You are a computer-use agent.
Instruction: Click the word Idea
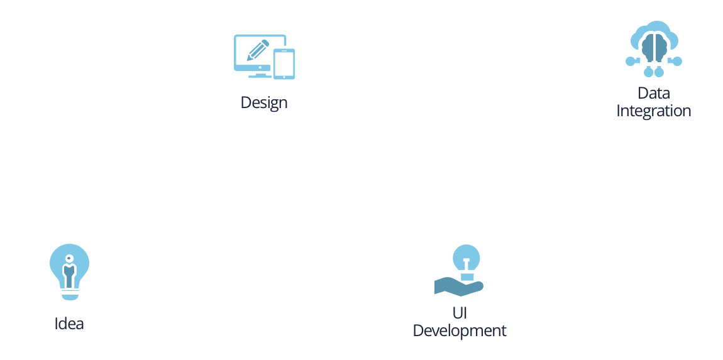pyautogui.click(x=69, y=324)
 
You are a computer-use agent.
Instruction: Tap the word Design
pyautogui.click(x=264, y=102)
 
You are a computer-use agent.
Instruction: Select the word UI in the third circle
pyautogui.click(x=460, y=313)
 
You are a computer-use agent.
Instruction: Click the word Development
pyautogui.click(x=460, y=330)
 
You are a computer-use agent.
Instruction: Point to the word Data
pyautogui.click(x=654, y=94)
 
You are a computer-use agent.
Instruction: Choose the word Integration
pyautogui.click(x=654, y=111)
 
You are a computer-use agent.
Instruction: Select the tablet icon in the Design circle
pyautogui.click(x=284, y=63)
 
